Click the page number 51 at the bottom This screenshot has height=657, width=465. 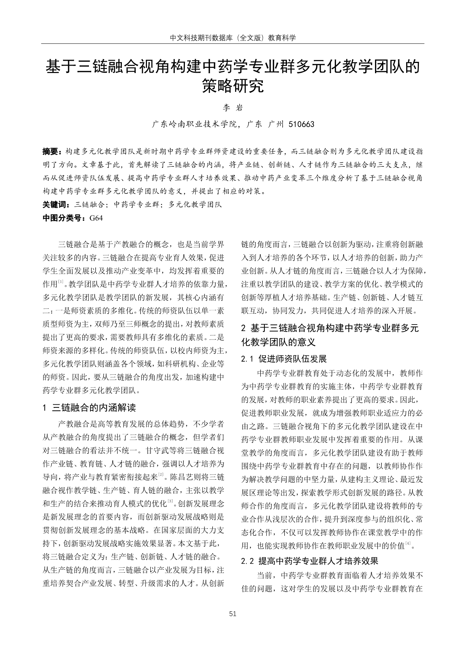(232, 614)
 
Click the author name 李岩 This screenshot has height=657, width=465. (233, 108)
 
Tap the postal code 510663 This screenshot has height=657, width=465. (301, 124)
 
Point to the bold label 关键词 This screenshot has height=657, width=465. (55, 205)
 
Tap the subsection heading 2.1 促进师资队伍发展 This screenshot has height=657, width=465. (284, 359)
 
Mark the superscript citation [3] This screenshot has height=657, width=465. (170, 501)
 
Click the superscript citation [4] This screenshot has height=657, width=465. (408, 543)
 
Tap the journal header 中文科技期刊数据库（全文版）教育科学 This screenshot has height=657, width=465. (232, 38)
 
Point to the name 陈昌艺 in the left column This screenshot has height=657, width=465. (182, 477)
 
